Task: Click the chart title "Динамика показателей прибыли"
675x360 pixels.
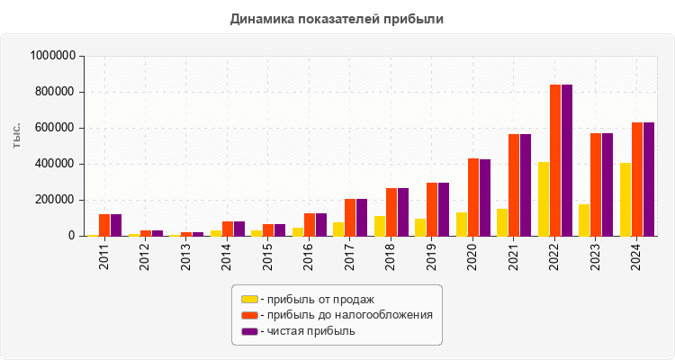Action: (337, 18)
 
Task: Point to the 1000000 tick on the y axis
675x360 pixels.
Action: (52, 56)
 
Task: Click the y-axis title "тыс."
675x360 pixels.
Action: (17, 135)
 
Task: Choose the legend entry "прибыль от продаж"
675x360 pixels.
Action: (316, 299)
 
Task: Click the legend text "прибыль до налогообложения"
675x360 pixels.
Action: (350, 315)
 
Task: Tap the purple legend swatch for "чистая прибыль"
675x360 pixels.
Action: (249, 331)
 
